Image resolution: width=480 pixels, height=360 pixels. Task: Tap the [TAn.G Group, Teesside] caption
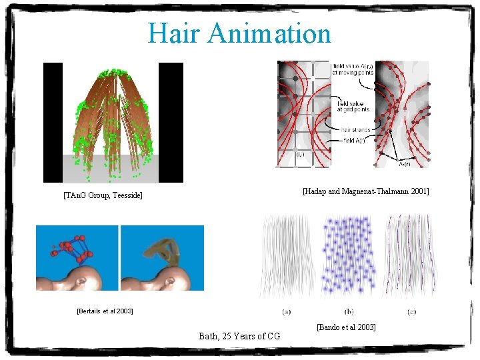click(x=103, y=195)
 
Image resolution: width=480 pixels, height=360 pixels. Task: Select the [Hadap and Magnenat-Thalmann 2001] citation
click(x=365, y=191)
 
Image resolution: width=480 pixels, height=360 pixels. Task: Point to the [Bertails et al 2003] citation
click(x=105, y=311)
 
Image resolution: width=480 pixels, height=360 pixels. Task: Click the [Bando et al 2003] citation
click(x=346, y=327)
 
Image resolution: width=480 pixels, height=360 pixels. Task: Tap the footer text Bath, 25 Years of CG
click(x=239, y=336)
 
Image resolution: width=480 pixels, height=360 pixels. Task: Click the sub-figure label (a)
click(x=287, y=311)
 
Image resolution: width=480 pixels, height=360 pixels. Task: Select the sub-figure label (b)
click(x=349, y=311)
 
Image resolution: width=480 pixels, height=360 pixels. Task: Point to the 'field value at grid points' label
click(x=351, y=106)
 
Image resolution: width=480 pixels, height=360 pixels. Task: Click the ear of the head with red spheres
click(x=83, y=281)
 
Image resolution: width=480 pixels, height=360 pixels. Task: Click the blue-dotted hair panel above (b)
click(x=349, y=257)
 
